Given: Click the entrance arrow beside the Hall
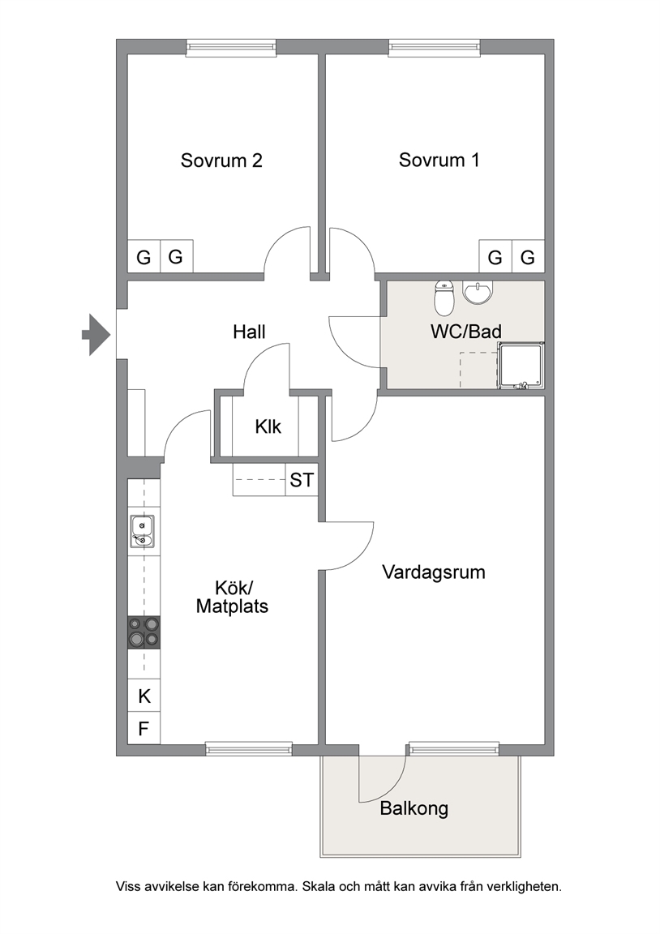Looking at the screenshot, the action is (96, 334).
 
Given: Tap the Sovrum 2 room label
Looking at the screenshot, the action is (221, 161).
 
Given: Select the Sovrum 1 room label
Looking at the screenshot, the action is (439, 161).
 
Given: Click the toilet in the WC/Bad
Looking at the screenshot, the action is (444, 298).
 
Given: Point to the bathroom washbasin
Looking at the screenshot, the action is (478, 293).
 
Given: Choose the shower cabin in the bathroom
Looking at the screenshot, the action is (522, 366).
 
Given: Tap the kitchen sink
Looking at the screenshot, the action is (143, 531).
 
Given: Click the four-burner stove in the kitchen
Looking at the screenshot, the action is (144, 632).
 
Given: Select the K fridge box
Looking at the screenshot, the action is (144, 695).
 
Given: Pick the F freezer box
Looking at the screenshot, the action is (144, 728).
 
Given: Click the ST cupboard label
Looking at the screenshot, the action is (302, 480).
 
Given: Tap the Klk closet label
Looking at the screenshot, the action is (268, 426).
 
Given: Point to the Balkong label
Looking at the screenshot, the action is (414, 808).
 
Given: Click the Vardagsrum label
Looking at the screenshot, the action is (434, 572).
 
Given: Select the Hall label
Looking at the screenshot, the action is (249, 332).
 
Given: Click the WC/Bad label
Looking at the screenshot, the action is (466, 331).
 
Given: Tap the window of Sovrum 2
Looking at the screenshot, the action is (231, 48).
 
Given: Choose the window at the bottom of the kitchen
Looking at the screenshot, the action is (249, 749).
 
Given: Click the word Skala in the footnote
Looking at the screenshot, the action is (319, 886).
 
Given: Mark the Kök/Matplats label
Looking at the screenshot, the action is (233, 598).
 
